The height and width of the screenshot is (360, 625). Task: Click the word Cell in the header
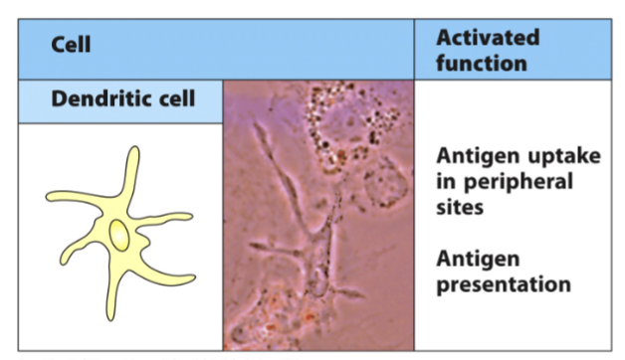[71, 47]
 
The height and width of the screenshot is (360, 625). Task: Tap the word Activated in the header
[488, 38]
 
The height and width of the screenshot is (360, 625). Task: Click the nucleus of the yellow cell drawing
[119, 236]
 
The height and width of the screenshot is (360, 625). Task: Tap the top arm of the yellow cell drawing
[130, 169]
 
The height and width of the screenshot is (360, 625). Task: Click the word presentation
[504, 283]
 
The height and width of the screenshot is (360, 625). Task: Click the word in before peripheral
[446, 182]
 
